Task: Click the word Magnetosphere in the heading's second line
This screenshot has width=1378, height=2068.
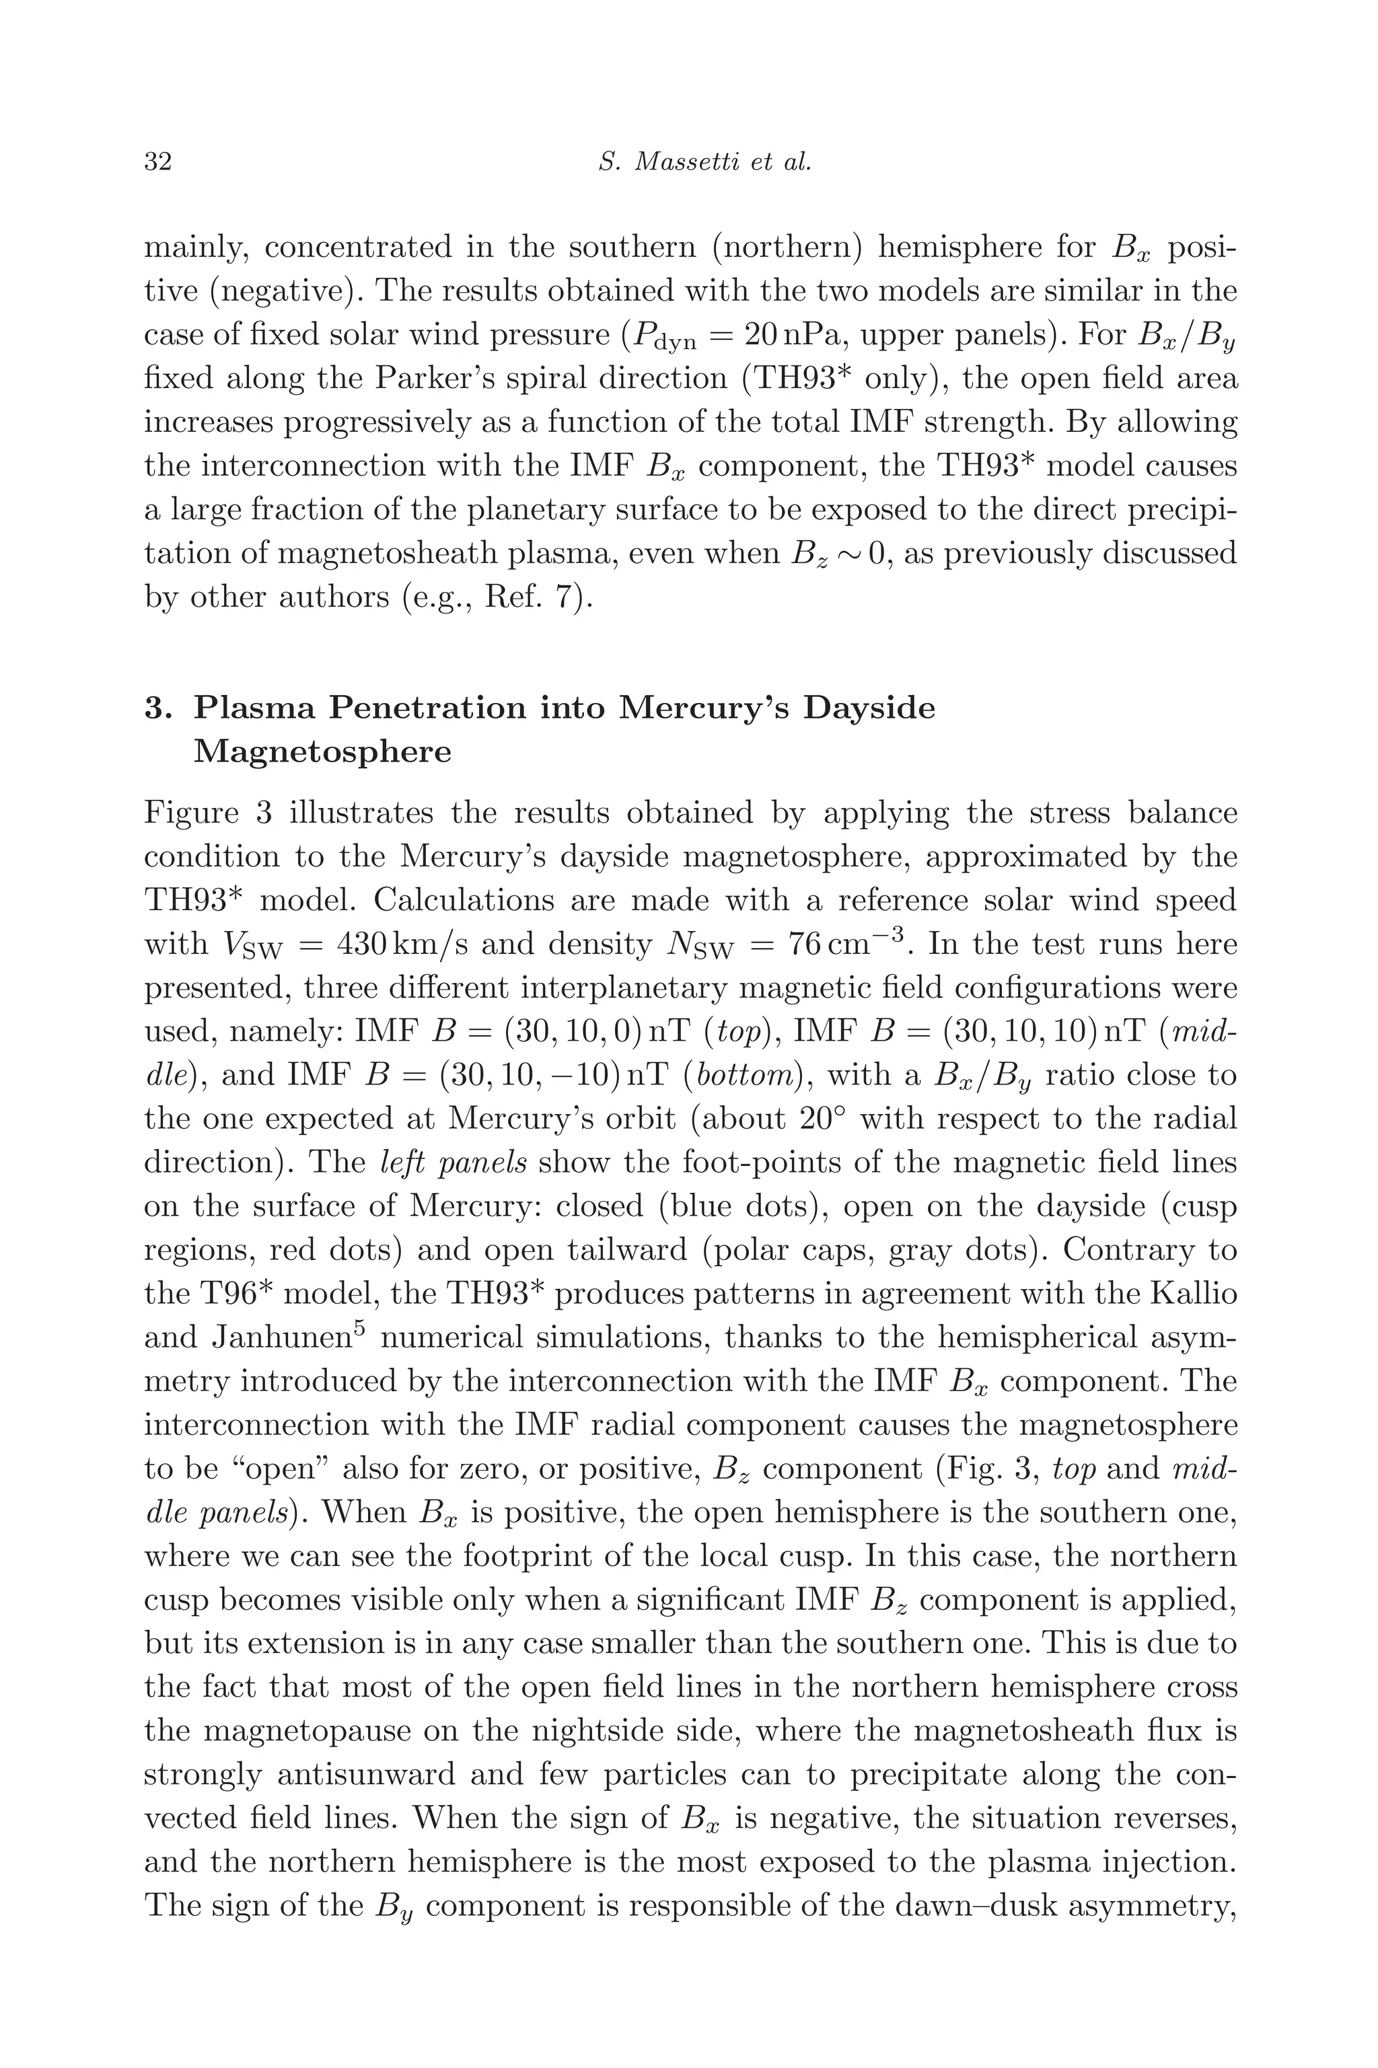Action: tap(322, 752)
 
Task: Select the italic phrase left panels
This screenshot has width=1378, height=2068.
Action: tap(454, 1163)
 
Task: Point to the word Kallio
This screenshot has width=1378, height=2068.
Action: tap(1194, 1294)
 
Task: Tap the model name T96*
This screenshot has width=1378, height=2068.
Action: tap(233, 1294)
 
